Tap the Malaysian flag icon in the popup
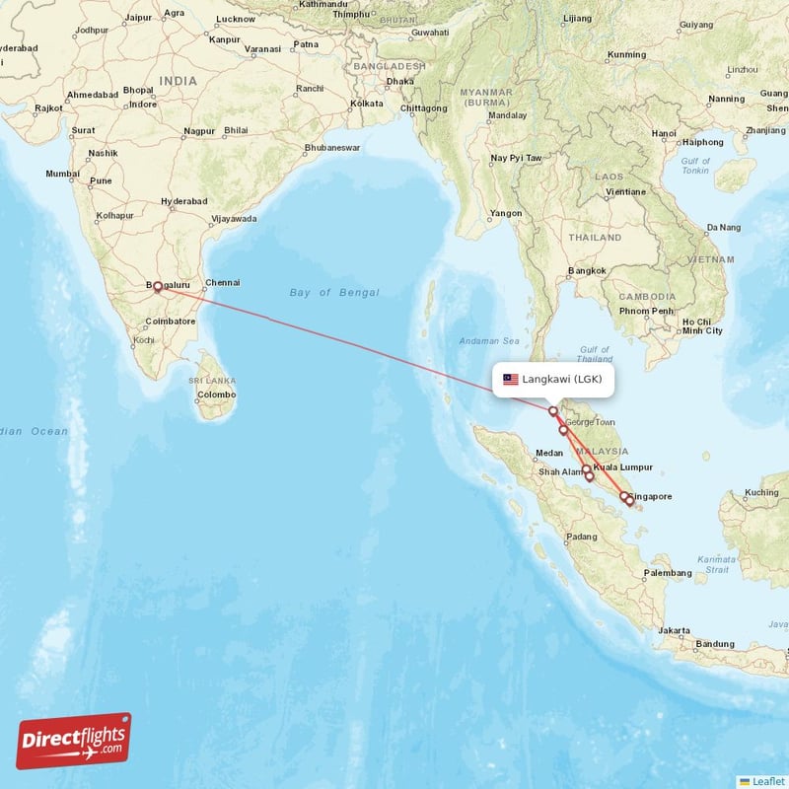click(510, 379)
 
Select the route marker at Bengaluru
click(157, 286)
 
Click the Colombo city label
click(216, 394)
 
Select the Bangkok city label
click(586, 271)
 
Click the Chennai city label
click(222, 283)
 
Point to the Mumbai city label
click(62, 174)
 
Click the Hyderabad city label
click(184, 200)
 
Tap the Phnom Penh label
click(646, 312)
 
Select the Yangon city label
click(506, 213)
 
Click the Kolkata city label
click(367, 103)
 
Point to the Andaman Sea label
click(488, 341)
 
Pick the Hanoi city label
click(664, 133)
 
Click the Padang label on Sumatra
click(581, 538)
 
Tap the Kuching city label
click(761, 492)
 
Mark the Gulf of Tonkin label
click(695, 165)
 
